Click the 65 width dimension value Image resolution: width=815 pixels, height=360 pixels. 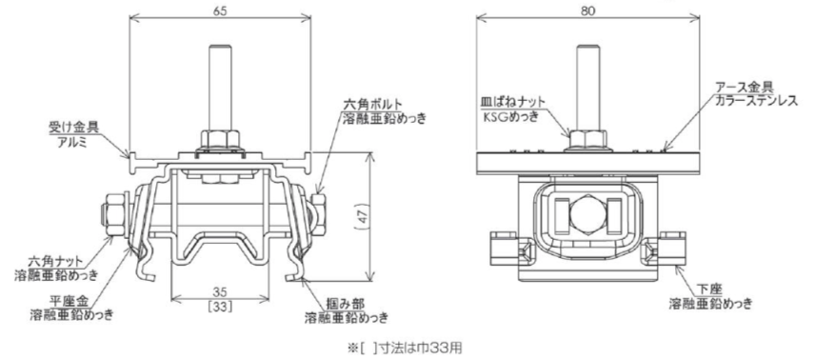pyautogui.click(x=219, y=9)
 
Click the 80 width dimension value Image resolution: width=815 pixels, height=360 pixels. pyautogui.click(x=587, y=9)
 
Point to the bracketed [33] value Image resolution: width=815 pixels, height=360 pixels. pyautogui.click(x=220, y=307)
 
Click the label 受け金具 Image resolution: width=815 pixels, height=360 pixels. pyautogui.click(x=71, y=127)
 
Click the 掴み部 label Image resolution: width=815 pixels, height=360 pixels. pyautogui.click(x=347, y=302)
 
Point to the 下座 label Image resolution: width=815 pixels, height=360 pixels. pyautogui.click(x=711, y=290)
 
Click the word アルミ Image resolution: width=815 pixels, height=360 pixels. pyautogui.click(x=71, y=140)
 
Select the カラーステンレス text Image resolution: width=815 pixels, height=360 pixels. pyautogui.click(x=756, y=100)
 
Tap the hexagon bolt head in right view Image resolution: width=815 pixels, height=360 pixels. pyautogui.click(x=587, y=215)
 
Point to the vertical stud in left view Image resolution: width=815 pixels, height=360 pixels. pyautogui.click(x=219, y=89)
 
